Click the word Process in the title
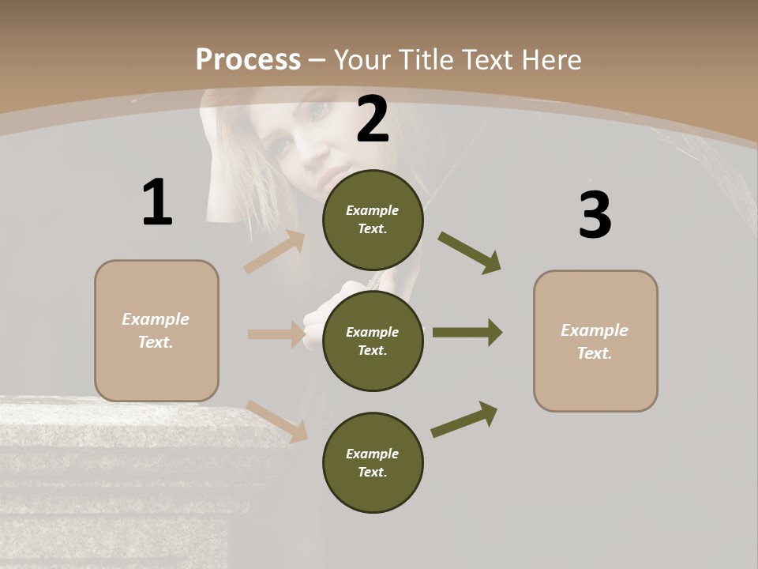click(248, 60)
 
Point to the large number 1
click(157, 202)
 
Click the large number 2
click(373, 119)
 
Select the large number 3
click(595, 216)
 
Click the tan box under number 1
click(156, 330)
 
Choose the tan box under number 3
click(595, 341)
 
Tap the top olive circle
click(373, 220)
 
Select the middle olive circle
click(373, 341)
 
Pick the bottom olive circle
click(373, 462)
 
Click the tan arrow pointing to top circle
click(275, 252)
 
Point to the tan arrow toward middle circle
click(276, 334)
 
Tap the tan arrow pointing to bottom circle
click(277, 421)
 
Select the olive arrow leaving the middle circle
click(467, 333)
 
